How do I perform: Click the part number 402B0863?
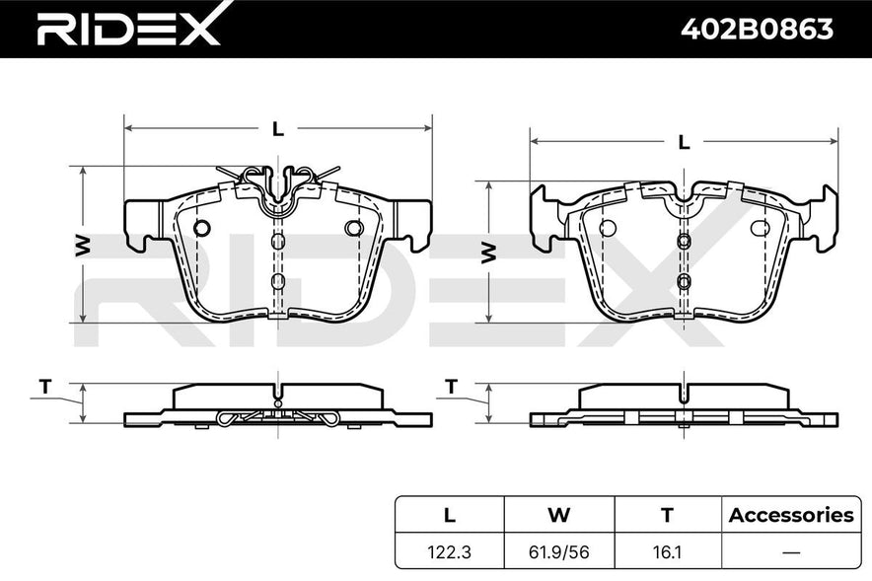pos(758,29)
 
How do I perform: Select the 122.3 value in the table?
pos(450,552)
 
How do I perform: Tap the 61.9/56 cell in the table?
pos(558,552)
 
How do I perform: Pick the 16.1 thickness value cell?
pos(667,552)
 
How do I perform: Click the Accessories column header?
pos(791,515)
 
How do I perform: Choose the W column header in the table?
pos(559,515)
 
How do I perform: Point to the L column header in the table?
pos(450,515)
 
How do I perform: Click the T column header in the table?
pos(667,515)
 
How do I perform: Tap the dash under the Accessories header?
pos(791,552)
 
